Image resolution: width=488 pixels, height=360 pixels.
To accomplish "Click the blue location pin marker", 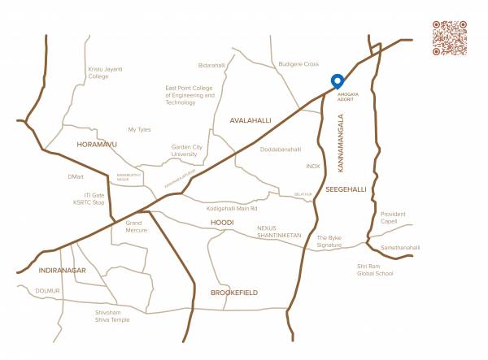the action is (337, 81).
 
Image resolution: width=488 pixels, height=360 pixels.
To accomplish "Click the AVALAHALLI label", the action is (249, 120).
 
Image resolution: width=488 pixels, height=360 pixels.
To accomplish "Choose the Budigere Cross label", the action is (300, 63).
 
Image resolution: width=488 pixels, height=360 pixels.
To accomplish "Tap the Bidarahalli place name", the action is (211, 65).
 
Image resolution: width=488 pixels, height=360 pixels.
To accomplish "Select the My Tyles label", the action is (140, 129).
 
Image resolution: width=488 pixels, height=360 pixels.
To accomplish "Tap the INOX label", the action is (313, 166).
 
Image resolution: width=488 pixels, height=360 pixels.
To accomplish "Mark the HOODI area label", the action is (222, 222).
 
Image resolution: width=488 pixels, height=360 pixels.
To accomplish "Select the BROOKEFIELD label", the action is (234, 291).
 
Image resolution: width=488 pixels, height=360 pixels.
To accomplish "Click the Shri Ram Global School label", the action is (374, 270).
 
